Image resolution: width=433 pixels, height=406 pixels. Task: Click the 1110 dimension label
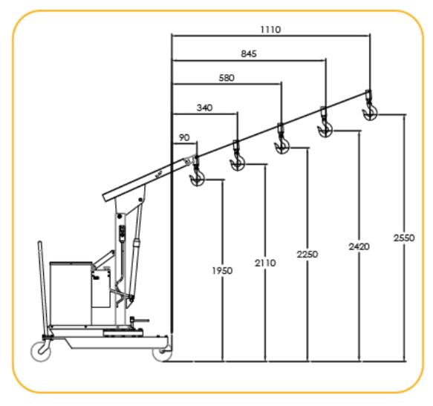[x=270, y=29]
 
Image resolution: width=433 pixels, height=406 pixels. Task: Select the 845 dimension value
[x=249, y=53]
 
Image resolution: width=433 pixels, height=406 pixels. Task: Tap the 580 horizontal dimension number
[x=227, y=78]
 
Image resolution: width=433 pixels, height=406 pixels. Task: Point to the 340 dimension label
[x=205, y=108]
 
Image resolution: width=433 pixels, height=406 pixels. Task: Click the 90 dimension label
[x=184, y=137]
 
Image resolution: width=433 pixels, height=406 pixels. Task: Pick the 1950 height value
[x=222, y=271]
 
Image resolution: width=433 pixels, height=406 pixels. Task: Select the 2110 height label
[x=265, y=263]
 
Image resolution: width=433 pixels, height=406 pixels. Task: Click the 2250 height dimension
[x=307, y=254]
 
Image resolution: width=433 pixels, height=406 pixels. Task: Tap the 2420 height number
[x=359, y=246]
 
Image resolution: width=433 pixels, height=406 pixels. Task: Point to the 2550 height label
[x=404, y=238]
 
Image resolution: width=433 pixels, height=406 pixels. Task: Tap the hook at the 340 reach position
[x=237, y=157]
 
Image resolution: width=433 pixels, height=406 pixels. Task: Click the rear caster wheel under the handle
[x=41, y=351]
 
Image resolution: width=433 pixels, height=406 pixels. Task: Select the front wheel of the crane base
[x=162, y=353]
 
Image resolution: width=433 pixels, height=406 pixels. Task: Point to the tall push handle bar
[x=44, y=287]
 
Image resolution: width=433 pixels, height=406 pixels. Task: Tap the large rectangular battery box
[x=71, y=293]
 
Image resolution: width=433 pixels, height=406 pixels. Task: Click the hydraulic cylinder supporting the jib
[x=136, y=249]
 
